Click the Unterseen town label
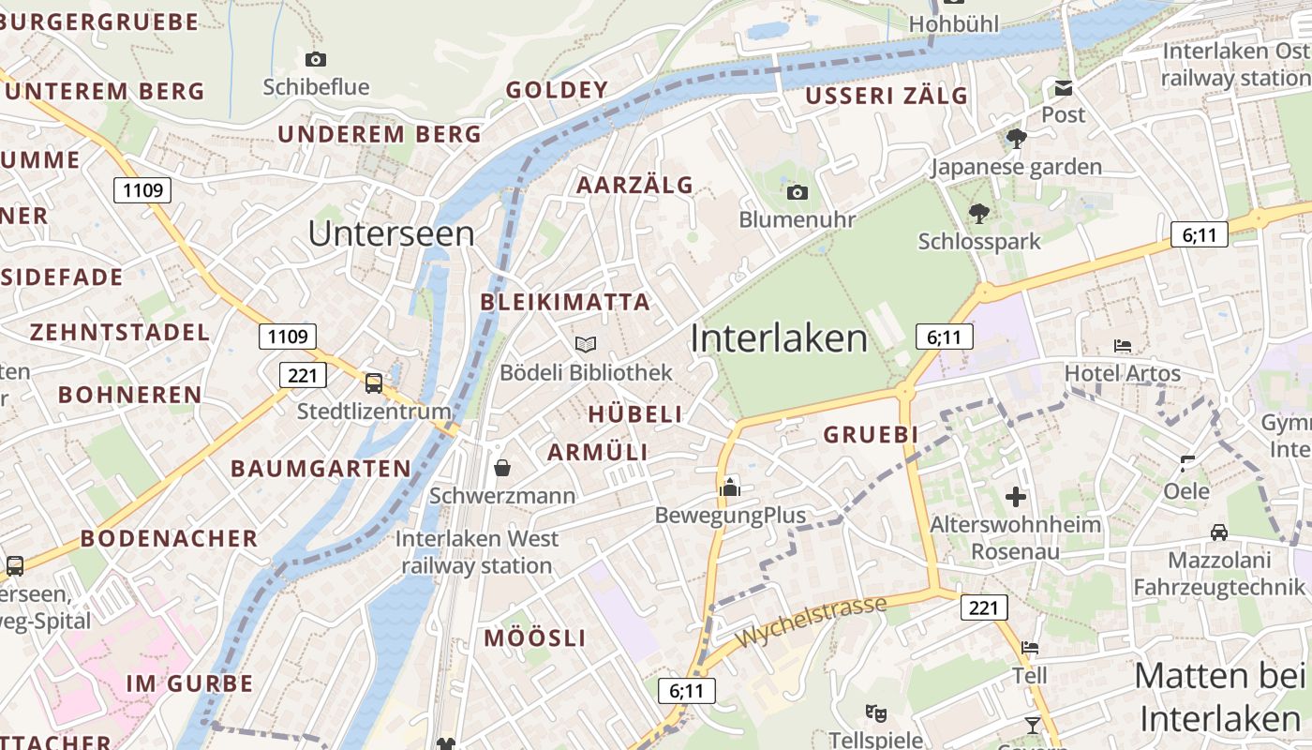[x=391, y=233]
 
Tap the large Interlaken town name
[x=779, y=338]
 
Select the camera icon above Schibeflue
[x=316, y=59]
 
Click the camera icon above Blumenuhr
[x=798, y=192]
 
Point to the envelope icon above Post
[x=1064, y=88]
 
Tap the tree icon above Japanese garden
[x=1016, y=140]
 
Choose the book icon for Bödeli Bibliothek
[x=586, y=345]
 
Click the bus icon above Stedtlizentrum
[x=374, y=382]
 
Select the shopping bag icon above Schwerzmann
[x=502, y=467]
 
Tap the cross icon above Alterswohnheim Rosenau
[x=1015, y=497]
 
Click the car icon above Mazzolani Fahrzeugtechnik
[x=1219, y=532]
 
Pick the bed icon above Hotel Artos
[x=1123, y=346]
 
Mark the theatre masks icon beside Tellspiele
[x=876, y=712]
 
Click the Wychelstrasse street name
[x=811, y=622]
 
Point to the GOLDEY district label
[x=557, y=90]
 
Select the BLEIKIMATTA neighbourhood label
[x=565, y=302]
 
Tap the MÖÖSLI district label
[x=535, y=638]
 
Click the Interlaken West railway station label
[x=476, y=552]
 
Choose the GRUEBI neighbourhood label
[x=871, y=435]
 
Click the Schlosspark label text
[x=979, y=241]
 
